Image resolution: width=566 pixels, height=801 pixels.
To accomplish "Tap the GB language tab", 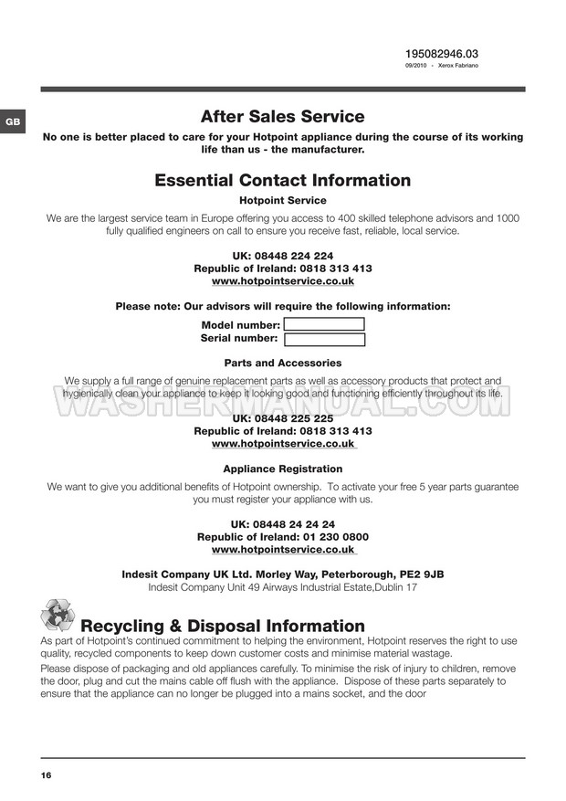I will pyautogui.click(x=13, y=121).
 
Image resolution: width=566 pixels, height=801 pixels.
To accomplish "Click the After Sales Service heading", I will pyautogui.click(x=282, y=117).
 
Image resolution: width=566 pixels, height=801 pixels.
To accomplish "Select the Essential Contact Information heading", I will pyautogui.click(x=282, y=181).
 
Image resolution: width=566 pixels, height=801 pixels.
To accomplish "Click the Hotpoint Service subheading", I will pyautogui.click(x=282, y=200).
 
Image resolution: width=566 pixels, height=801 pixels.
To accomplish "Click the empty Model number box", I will pyautogui.click(x=324, y=324).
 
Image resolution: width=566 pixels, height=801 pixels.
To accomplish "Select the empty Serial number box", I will pyautogui.click(x=324, y=340).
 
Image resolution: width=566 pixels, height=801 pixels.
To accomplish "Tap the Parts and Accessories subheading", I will pyautogui.click(x=282, y=363).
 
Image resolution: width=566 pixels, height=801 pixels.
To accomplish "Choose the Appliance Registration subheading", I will pyautogui.click(x=282, y=469).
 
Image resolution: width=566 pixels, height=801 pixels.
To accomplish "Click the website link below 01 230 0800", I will pyautogui.click(x=283, y=551).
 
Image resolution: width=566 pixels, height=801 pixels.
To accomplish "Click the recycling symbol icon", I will pyautogui.click(x=57, y=616).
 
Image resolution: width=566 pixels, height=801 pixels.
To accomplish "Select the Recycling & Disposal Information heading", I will pyautogui.click(x=223, y=627).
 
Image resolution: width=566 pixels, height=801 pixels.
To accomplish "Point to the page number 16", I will pyautogui.click(x=46, y=775).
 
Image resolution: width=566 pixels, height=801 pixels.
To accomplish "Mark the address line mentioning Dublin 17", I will pyautogui.click(x=282, y=587).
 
